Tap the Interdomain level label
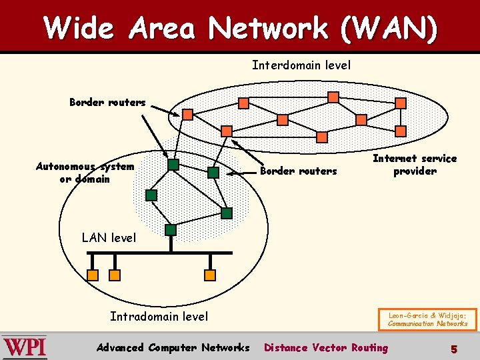[301, 65]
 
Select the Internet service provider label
[415, 165]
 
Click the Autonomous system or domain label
[85, 173]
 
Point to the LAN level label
[109, 237]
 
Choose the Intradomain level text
[159, 317]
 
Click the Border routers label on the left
[107, 102]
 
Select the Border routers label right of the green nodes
[298, 171]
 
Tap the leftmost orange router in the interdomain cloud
[188, 115]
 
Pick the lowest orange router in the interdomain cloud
[322, 137]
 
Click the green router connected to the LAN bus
[171, 230]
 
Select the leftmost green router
[151, 195]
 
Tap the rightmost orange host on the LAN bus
[210, 275]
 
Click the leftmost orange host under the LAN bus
[93, 275]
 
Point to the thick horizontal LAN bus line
[160, 253]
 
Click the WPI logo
[25, 347]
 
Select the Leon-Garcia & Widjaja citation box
[428, 318]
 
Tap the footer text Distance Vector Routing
[326, 347]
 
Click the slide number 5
[453, 348]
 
